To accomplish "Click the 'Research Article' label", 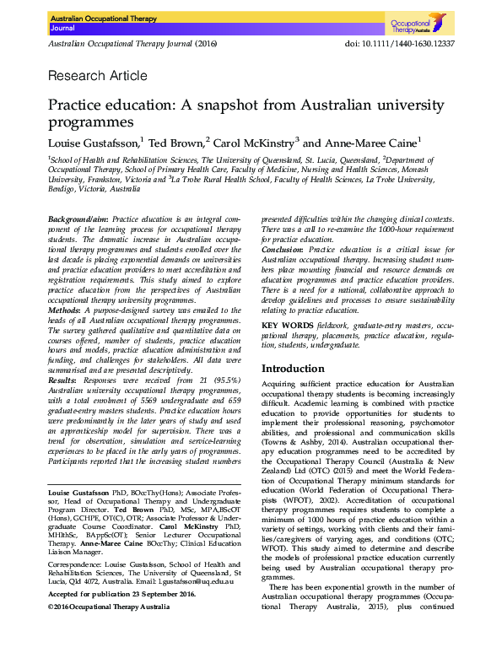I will tap(98, 76).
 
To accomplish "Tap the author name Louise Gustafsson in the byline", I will tap(93, 143).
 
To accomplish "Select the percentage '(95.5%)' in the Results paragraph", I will tap(229, 380).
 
